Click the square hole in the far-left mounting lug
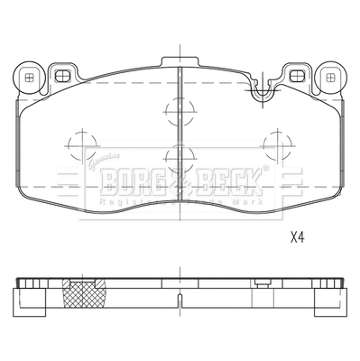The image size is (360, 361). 31,78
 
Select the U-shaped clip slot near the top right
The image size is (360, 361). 263,90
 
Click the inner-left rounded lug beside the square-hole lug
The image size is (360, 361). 63,76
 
